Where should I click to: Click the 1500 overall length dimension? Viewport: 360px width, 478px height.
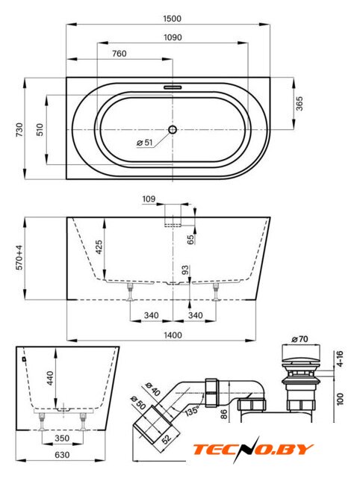coord(173,19)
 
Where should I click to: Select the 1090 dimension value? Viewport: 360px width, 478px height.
coord(173,37)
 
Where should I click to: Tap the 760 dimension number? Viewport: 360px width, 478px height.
coord(120,54)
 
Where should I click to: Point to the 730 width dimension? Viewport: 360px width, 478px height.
coord(19,129)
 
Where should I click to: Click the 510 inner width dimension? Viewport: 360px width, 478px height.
coord(40,129)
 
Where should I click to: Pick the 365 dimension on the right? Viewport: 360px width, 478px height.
coord(300,104)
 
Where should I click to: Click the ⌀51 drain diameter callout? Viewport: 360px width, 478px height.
coord(145,143)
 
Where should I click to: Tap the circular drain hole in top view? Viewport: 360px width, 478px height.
coord(173,129)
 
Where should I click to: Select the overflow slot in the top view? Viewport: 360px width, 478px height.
coord(173,87)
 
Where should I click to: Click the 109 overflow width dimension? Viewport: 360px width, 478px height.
coord(149,199)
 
